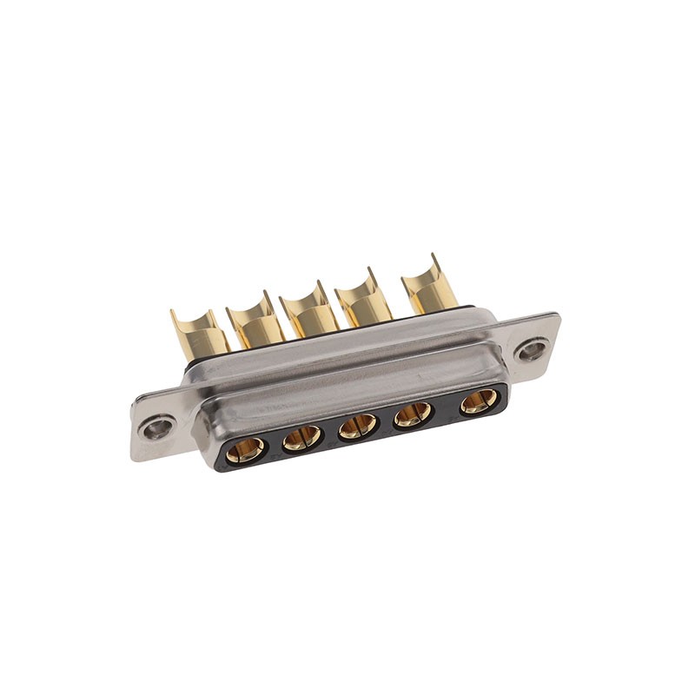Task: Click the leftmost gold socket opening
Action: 246,450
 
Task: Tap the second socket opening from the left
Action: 302,438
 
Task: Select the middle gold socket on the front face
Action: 358,426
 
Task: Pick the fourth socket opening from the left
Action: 414,414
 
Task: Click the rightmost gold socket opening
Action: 479,401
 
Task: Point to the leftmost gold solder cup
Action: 198,334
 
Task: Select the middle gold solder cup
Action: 309,314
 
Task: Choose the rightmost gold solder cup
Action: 430,290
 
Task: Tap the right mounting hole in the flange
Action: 530,350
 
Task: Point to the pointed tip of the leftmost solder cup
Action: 172,311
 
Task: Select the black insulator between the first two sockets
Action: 275,446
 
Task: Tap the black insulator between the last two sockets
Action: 447,409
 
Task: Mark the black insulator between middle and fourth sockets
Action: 386,421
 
